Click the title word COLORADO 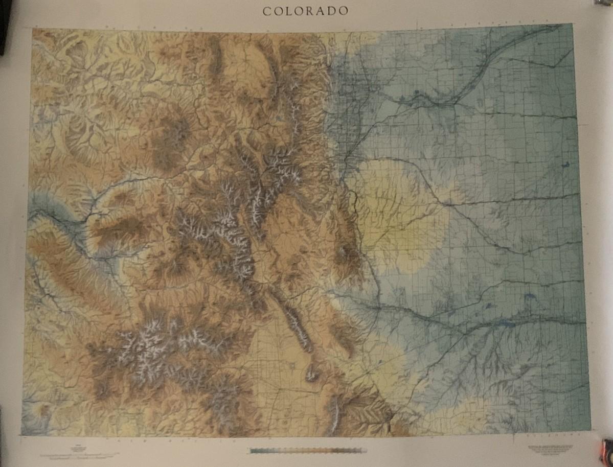(306, 11)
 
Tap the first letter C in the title (266, 11)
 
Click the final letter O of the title (345, 11)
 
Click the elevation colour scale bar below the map (307, 451)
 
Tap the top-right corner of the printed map (572, 24)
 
